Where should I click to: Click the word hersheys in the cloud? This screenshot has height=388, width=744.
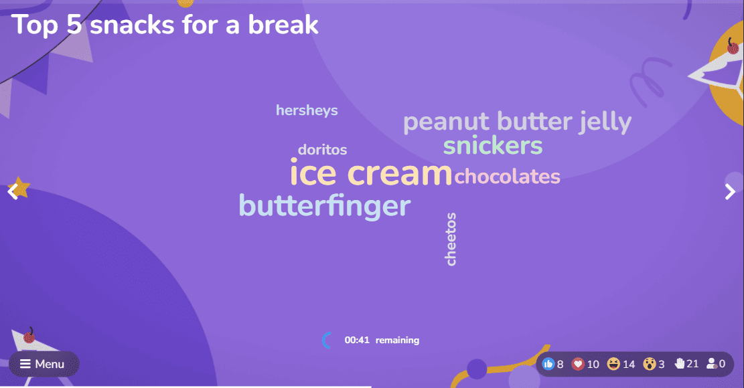(x=307, y=111)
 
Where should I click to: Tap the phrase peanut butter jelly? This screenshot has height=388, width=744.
(x=517, y=122)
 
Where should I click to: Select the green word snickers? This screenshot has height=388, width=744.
(x=492, y=146)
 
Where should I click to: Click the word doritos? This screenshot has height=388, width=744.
(x=323, y=150)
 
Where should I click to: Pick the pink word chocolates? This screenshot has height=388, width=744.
(x=507, y=176)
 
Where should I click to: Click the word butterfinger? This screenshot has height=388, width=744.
(x=325, y=205)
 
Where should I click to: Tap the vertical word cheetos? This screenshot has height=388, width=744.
(x=451, y=239)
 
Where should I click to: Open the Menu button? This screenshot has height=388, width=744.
(x=44, y=364)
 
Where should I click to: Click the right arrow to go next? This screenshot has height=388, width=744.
(x=730, y=192)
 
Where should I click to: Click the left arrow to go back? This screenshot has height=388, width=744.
(x=13, y=192)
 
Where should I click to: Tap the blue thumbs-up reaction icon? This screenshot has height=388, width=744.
(x=548, y=364)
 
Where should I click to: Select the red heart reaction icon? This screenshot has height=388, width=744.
(x=578, y=364)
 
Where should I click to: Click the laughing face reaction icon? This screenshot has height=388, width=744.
(x=613, y=364)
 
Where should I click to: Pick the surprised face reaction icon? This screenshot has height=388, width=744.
(x=650, y=364)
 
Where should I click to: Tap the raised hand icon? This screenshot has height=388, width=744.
(x=680, y=363)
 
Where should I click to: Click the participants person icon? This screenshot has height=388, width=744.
(x=711, y=363)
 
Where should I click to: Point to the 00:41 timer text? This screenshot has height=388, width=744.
(x=357, y=340)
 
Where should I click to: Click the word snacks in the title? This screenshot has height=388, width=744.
(x=133, y=25)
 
